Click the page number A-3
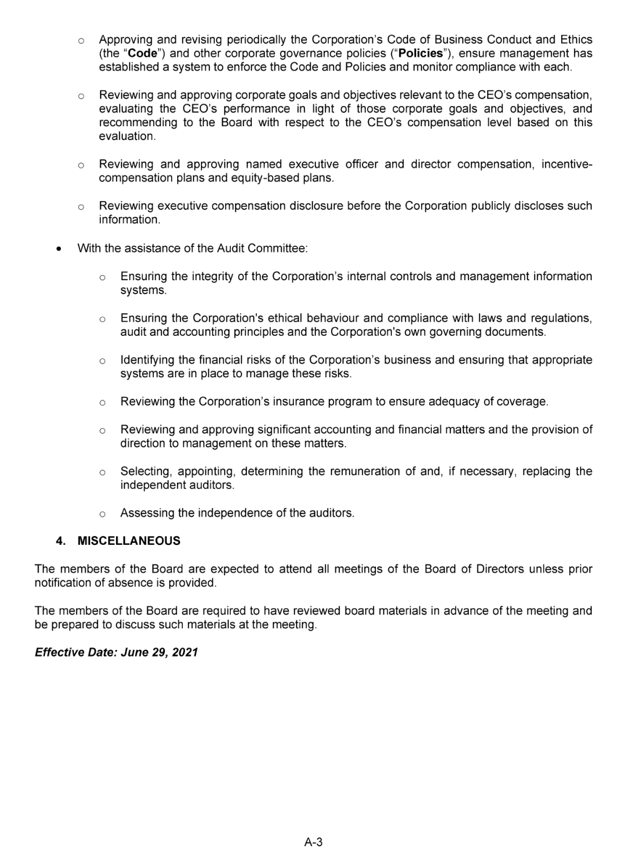click(x=314, y=842)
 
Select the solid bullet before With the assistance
click(x=59, y=249)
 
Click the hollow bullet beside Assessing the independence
click(x=103, y=514)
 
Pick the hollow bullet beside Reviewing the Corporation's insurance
click(x=103, y=402)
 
